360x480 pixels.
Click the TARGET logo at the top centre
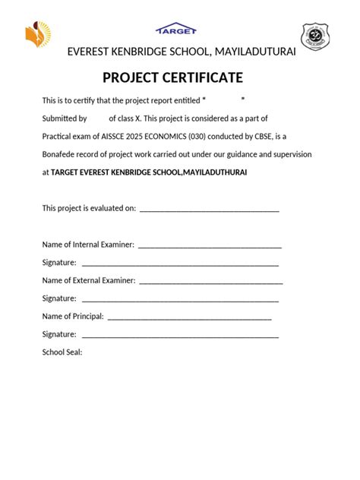[176, 29]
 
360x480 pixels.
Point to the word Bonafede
[59, 154]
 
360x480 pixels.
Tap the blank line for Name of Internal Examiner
[210, 245]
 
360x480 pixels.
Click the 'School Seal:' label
[62, 352]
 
